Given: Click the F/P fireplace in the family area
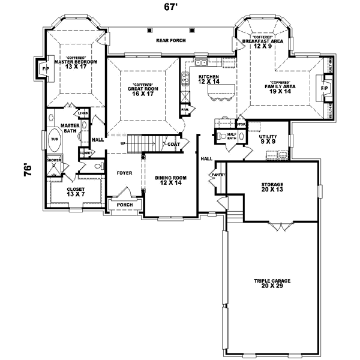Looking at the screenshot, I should click(325, 88).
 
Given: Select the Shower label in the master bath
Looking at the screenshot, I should click(55, 160).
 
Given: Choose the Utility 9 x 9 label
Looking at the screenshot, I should click(268, 140).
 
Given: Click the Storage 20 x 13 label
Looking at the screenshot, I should click(272, 187).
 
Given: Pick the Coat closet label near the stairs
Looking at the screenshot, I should click(174, 144).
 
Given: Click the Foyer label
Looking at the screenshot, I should click(124, 173).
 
